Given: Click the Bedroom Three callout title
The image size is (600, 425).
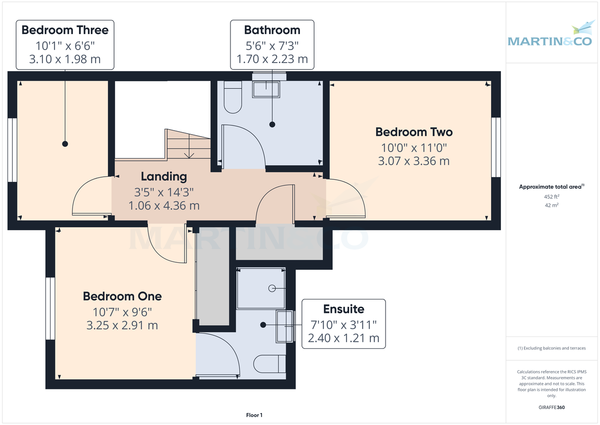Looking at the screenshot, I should point(65,30).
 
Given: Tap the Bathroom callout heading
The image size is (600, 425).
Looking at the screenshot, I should point(272,30).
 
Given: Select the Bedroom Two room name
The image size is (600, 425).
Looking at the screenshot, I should point(414,132).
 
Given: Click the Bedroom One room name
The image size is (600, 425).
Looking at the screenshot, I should point(122,296).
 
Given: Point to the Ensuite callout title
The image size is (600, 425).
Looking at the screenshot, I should point(343,309).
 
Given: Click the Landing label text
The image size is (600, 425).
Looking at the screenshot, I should point(163,176).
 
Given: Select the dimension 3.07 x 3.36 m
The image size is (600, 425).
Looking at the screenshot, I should point(414,161).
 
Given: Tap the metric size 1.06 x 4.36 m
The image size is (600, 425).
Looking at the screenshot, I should point(163,205).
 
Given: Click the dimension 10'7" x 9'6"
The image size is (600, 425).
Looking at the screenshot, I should point(122,311).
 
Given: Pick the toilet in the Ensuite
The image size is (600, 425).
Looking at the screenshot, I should point(270,363).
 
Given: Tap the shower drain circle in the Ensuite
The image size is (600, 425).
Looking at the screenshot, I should point(272,288).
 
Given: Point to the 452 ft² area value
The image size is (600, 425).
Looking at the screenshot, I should point(551,197).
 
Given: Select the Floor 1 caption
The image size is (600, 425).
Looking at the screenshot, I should point(254,415).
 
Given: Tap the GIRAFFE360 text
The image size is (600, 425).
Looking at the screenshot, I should point(551,407).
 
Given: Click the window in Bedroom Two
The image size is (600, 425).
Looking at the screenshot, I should point(495,147).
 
